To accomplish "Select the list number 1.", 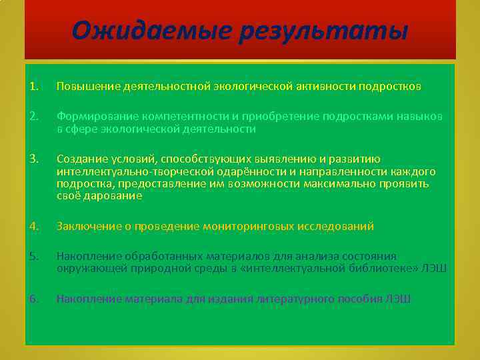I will [34, 87].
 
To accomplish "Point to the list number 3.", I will [34, 159].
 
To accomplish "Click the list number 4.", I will [34, 227].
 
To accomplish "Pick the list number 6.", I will [34, 299].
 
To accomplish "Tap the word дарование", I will [110, 196].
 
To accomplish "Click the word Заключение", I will [86, 227].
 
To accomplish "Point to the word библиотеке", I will [386, 268].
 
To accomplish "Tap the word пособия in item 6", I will [362, 299].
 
